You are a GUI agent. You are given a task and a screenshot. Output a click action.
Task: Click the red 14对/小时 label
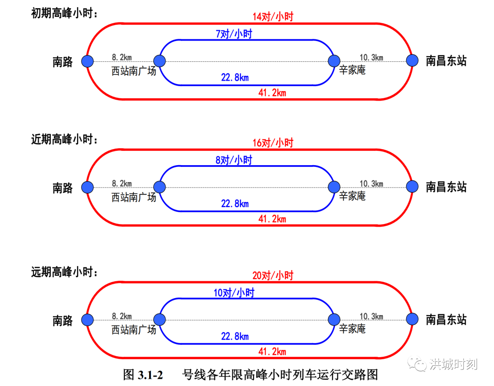click(273, 16)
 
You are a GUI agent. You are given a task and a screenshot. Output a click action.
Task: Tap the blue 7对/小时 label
click(234, 34)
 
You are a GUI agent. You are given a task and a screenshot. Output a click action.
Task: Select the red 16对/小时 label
click(273, 143)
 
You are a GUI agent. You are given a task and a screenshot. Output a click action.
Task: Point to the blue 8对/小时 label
click(234, 160)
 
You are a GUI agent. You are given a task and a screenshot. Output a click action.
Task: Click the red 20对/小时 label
click(273, 275)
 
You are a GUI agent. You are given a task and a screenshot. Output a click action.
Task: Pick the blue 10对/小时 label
click(234, 293)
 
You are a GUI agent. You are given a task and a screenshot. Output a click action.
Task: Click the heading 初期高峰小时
click(64, 13)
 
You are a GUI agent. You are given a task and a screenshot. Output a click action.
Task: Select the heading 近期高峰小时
click(64, 139)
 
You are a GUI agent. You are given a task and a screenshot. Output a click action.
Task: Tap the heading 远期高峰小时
click(64, 272)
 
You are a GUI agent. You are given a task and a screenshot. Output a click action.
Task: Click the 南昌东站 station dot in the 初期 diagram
click(412, 60)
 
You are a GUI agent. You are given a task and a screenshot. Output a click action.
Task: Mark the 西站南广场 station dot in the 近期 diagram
click(160, 187)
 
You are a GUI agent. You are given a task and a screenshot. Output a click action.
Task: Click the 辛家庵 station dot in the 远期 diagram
click(334, 320)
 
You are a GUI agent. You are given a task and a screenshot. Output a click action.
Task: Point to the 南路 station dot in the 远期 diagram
click(87, 320)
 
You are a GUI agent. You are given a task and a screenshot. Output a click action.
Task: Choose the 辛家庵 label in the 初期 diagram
click(352, 70)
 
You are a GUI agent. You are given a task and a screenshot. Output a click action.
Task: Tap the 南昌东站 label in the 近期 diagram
click(446, 187)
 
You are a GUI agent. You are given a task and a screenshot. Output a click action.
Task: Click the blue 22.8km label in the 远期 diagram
click(235, 337)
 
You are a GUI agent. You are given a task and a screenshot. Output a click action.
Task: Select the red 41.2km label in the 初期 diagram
click(272, 93)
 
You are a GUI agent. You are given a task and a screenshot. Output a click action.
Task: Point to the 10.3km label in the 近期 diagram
click(371, 184)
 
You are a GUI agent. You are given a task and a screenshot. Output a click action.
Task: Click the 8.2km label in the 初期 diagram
click(122, 57)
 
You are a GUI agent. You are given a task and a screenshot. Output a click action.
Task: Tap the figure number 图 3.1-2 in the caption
click(143, 375)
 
